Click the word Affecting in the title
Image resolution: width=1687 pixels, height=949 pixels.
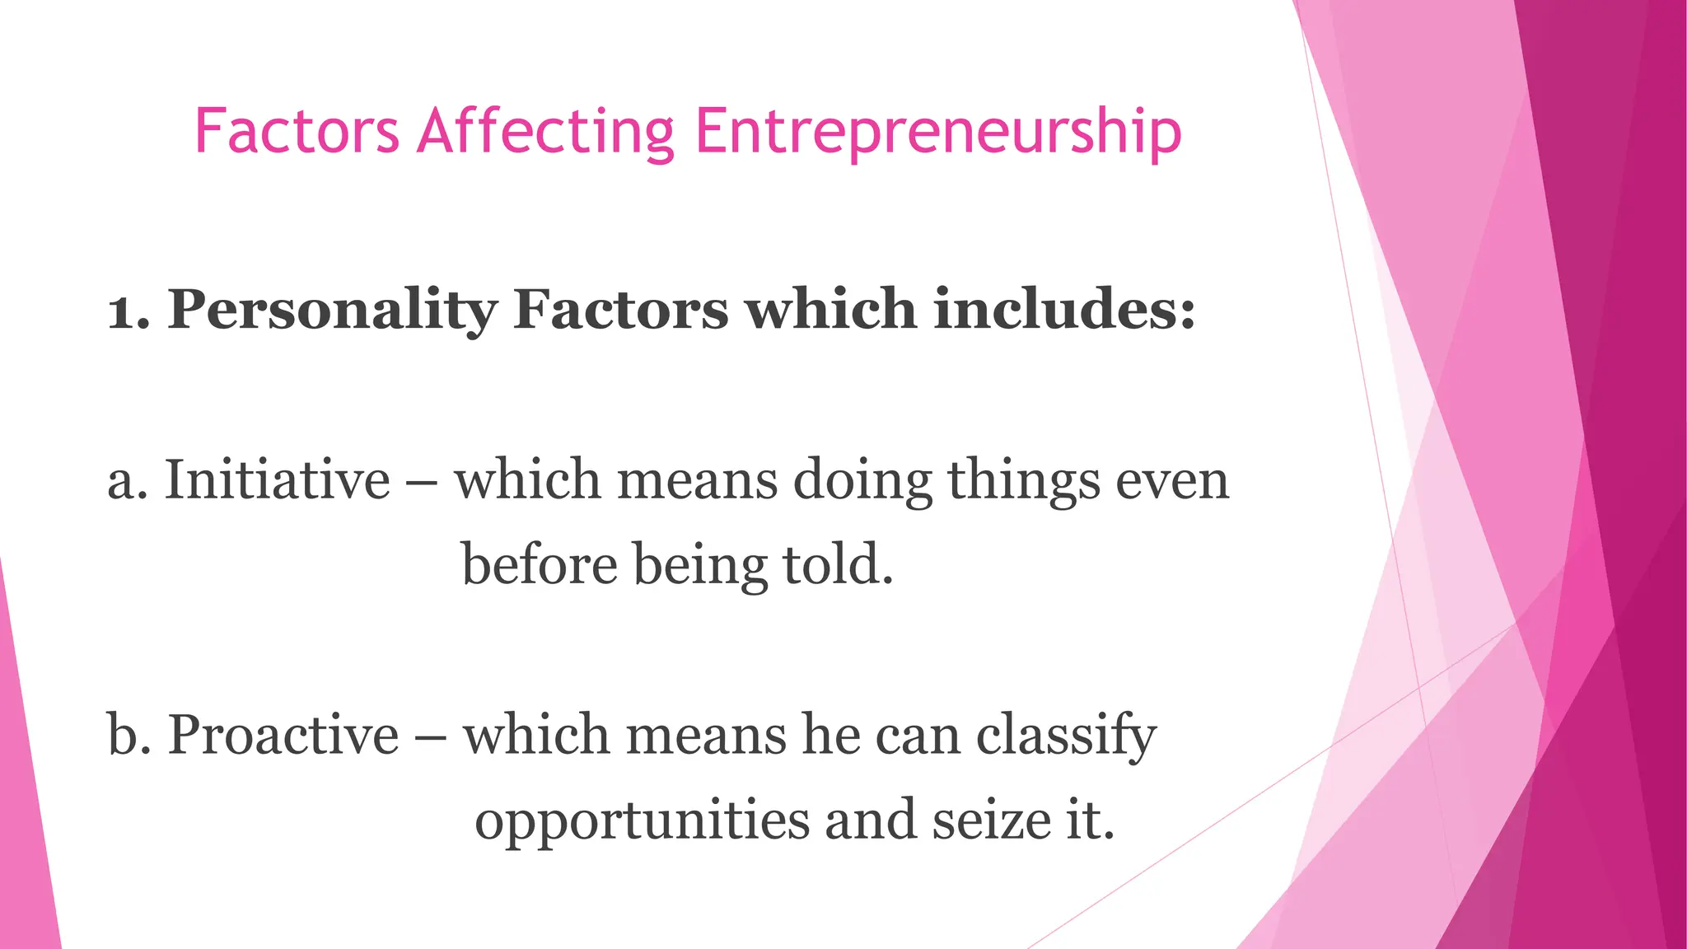coord(545,132)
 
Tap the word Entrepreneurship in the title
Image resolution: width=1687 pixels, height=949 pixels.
coord(938,132)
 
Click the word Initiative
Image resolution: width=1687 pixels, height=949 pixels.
coord(278,479)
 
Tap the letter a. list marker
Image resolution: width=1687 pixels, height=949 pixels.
coord(128,482)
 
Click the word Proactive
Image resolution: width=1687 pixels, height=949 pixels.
coord(283,734)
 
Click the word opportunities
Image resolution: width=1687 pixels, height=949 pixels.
coord(643,821)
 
